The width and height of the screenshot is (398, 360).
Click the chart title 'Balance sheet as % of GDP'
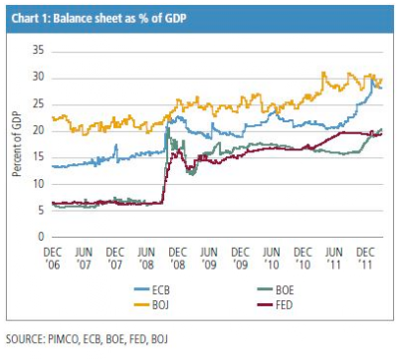[x=119, y=19]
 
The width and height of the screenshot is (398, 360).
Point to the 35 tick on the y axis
[x=38, y=51]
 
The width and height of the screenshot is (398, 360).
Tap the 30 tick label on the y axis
[x=38, y=78]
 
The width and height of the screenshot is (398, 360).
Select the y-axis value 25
[x=38, y=104]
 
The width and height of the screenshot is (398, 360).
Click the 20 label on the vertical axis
[x=38, y=130]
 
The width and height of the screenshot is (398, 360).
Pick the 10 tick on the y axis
[x=38, y=184]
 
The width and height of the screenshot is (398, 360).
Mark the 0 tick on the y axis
[x=41, y=237]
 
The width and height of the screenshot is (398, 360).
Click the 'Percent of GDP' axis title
[x=16, y=144]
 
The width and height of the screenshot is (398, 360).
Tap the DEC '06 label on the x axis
[x=53, y=259]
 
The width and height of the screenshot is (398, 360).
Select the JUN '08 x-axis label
[x=146, y=259]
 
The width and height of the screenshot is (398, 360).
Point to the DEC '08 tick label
[x=177, y=259]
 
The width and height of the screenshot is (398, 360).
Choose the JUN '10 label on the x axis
[x=272, y=259]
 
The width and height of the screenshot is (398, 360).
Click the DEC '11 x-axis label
[x=365, y=259]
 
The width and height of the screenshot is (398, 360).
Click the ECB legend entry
[x=152, y=290]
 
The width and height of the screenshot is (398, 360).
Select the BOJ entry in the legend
[x=152, y=305]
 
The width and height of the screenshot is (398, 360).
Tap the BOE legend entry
[x=276, y=290]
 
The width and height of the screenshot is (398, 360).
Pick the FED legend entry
[x=276, y=305]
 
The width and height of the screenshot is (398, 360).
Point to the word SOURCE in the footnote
[x=25, y=339]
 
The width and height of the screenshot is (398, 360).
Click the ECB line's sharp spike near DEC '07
[x=116, y=145]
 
